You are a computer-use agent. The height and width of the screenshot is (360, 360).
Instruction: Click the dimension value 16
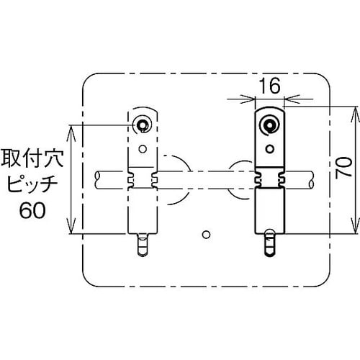(x=269, y=86)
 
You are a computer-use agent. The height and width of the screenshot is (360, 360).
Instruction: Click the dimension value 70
(x=343, y=170)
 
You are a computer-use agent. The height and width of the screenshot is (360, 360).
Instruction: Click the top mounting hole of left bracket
(x=143, y=125)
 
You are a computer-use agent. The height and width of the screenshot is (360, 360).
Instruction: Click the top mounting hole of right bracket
(x=270, y=125)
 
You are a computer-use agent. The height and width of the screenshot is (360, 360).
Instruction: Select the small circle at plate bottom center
(x=207, y=234)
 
